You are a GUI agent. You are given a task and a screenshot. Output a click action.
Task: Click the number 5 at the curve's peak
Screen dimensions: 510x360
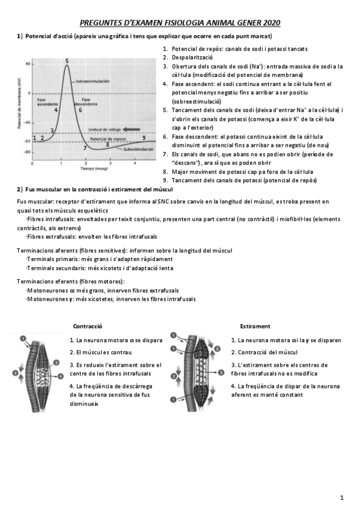tap(67, 61)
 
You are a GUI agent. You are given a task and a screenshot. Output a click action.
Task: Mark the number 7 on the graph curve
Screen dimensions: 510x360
tap(85, 148)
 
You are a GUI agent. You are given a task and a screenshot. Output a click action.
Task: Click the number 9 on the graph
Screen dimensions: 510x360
tap(144, 138)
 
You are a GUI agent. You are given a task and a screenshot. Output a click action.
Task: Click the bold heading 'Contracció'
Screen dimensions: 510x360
tap(87, 325)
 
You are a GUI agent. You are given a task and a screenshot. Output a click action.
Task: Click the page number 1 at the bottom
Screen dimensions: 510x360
tap(341, 497)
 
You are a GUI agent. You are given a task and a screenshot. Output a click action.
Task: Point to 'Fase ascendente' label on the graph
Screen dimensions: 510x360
tap(47, 101)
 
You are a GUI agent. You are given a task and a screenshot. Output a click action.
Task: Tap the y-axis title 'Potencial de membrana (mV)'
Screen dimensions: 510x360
tap(20, 108)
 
